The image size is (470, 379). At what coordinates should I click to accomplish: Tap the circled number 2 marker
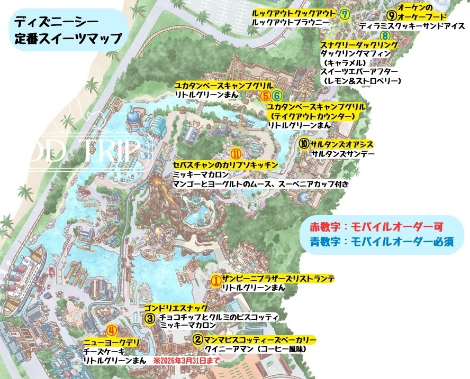click(197, 340)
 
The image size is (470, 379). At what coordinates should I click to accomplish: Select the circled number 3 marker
click(150, 318)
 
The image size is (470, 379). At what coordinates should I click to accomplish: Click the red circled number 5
click(266, 96)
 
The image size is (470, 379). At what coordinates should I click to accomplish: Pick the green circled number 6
click(276, 96)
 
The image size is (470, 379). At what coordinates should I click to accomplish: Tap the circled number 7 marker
click(344, 14)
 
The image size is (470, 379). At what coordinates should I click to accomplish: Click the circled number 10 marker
click(304, 144)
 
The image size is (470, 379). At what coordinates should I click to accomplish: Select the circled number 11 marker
click(237, 154)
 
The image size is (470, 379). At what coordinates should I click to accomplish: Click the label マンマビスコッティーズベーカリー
click(260, 340)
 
